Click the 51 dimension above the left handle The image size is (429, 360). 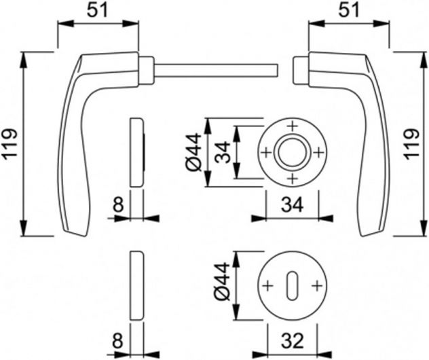pyautogui.click(x=97, y=11)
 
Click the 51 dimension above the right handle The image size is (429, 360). pyautogui.click(x=349, y=11)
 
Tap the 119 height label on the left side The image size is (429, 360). pyautogui.click(x=10, y=143)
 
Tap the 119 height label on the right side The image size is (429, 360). pyautogui.click(x=412, y=144)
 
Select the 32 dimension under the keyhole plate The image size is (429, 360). pyautogui.click(x=293, y=340)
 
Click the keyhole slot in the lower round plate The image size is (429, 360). pyautogui.click(x=292, y=286)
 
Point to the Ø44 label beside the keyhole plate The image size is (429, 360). pyautogui.click(x=221, y=281)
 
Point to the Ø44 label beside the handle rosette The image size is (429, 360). pyautogui.click(x=194, y=152)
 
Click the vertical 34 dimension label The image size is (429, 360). pyautogui.click(x=223, y=152)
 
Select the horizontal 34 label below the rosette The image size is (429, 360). pyautogui.click(x=292, y=205)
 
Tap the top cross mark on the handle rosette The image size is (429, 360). pyautogui.click(x=293, y=126)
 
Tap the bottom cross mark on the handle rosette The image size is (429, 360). pyautogui.click(x=293, y=179)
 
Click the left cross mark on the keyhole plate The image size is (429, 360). pyautogui.click(x=268, y=286)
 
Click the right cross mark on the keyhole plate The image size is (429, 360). pyautogui.click(x=317, y=286)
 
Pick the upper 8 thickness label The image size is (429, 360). pyautogui.click(x=119, y=205)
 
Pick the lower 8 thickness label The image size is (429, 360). pyautogui.click(x=118, y=340)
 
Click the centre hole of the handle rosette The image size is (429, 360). pyautogui.click(x=293, y=152)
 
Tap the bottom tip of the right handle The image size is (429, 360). pyautogui.click(x=363, y=236)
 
